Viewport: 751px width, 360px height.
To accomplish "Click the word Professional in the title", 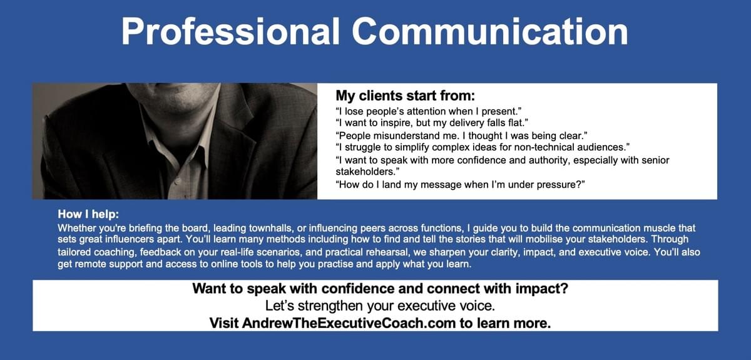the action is [231, 32].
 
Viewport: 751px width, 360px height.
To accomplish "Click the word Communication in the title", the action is [490, 31].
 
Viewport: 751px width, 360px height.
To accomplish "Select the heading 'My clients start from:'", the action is [406, 96].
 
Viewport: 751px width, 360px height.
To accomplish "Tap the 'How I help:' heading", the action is [88, 214].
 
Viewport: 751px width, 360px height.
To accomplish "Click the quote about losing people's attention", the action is [429, 111].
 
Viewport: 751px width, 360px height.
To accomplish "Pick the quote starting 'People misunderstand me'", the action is [461, 136].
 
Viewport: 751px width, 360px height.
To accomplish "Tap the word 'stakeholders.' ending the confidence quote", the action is [368, 172].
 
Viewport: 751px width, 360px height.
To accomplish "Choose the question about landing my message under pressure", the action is [461, 185].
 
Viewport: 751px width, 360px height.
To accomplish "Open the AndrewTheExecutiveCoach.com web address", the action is [349, 324].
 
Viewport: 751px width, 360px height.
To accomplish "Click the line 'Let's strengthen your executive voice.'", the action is [381, 306].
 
